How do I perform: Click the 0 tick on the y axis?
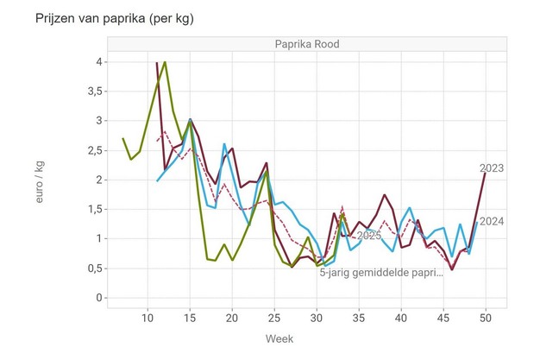point(100,298)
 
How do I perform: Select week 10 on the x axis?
point(148,319)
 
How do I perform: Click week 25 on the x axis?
point(274,319)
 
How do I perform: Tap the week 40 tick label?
point(401,319)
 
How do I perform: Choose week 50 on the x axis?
point(486,319)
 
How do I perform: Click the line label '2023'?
point(492,168)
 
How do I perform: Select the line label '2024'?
point(492,222)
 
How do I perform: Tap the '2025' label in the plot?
point(369,236)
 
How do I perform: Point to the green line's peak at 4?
point(165,62)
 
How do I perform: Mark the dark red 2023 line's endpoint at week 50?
point(486,174)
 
